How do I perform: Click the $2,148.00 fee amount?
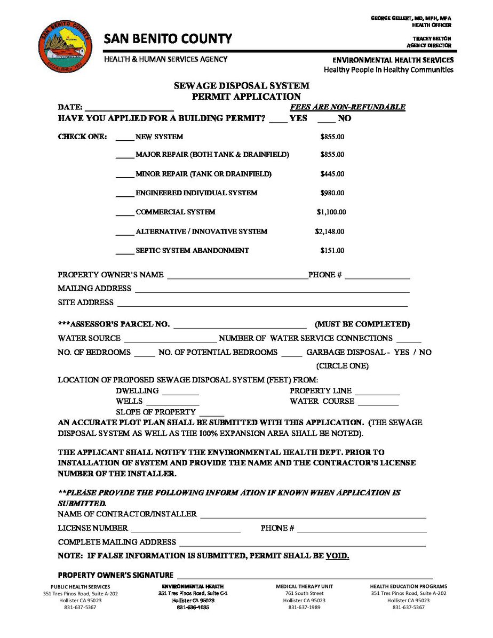[330, 232]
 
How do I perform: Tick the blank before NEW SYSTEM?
[125, 138]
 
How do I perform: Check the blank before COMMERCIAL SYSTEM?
[125, 213]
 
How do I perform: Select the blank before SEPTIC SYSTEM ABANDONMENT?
[125, 251]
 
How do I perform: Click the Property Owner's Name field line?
[237, 276]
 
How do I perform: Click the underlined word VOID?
[337, 556]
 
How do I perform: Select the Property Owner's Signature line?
[304, 576]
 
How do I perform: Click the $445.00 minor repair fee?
[332, 174]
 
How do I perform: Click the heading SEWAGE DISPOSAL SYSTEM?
[242, 86]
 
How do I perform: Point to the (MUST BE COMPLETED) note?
[362, 324]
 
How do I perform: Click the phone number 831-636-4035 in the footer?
[193, 608]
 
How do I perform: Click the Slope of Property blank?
[212, 413]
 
